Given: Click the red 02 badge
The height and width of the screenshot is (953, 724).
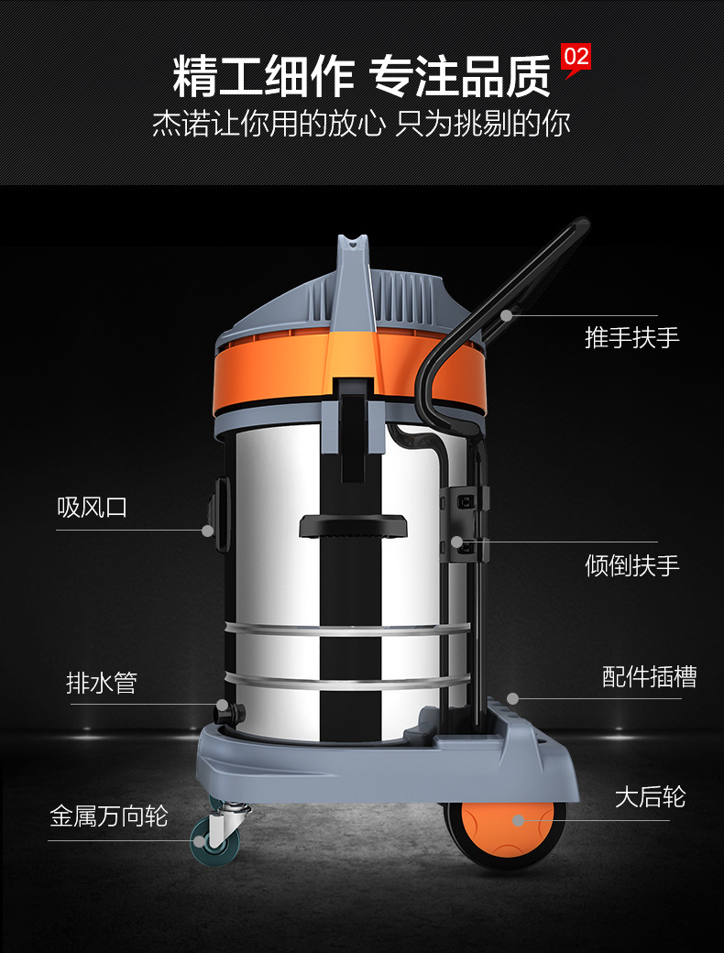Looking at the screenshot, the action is point(575,60).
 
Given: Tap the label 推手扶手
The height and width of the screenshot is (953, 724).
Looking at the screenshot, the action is point(631,337).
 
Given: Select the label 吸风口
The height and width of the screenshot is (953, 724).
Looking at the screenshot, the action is point(92,507).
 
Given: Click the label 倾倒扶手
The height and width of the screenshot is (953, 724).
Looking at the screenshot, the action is point(631,565).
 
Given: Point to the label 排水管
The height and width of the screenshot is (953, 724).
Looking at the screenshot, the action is point(101,684).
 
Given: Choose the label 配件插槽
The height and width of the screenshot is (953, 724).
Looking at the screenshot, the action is point(649,676).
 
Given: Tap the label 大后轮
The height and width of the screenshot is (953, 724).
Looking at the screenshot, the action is point(650,797).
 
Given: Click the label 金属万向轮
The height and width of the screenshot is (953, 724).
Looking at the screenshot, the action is point(109,816).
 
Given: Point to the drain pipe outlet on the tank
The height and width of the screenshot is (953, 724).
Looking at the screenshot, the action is point(230,712).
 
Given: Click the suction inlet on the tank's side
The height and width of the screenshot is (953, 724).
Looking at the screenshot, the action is point(220,514).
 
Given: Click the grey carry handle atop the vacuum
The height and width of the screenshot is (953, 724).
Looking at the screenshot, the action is point(353,280).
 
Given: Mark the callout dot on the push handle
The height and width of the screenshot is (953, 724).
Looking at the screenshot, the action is point(506,315).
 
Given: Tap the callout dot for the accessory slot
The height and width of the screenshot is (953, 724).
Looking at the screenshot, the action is point(512,698).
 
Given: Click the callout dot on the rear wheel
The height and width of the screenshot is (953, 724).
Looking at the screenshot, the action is point(518,820).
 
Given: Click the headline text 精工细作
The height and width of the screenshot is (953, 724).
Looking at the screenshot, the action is point(264,77).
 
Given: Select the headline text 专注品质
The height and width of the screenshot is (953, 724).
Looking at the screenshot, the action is point(460,77).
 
